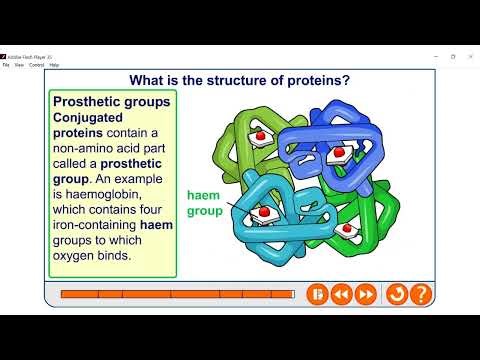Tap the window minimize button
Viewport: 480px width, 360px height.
coord(432,56)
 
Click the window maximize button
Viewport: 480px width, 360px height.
coord(452,56)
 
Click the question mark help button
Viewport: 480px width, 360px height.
coord(421,295)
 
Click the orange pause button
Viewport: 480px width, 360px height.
coord(316,295)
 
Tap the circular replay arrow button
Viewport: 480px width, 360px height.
coord(396,295)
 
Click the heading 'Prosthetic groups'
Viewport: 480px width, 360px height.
coord(111,102)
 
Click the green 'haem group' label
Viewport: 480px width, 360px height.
coord(207,204)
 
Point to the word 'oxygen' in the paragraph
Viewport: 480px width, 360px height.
coord(74,255)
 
